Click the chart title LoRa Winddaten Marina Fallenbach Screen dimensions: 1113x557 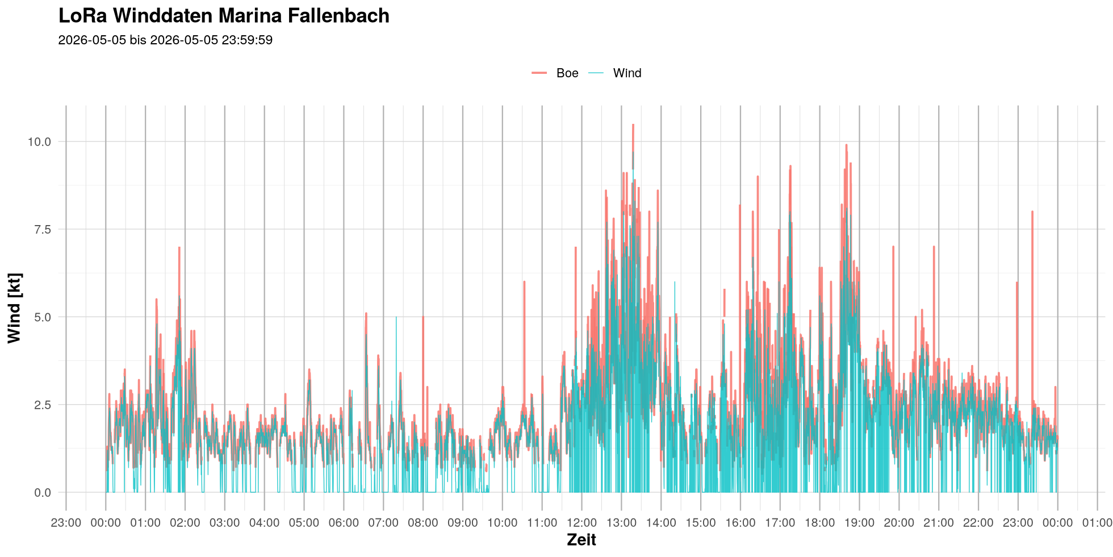[x=224, y=16]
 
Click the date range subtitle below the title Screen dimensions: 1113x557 [x=165, y=40]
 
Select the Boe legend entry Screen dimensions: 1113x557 [x=555, y=73]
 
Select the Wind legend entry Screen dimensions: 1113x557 [x=614, y=73]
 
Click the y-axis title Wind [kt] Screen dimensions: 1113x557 [x=14, y=308]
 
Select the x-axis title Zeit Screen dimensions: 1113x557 [x=581, y=540]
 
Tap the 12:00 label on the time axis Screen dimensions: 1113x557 [x=581, y=523]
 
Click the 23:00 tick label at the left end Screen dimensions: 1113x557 [x=66, y=523]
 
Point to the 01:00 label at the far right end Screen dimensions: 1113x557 [x=1097, y=523]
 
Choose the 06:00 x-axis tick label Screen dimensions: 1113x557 [x=344, y=523]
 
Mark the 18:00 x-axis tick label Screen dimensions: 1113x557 [x=819, y=523]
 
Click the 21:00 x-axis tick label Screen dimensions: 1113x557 [x=938, y=523]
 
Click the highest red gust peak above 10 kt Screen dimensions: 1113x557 [x=633, y=124]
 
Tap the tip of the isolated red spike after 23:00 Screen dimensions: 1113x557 [x=1032, y=211]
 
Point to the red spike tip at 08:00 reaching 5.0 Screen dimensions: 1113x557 [x=423, y=317]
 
